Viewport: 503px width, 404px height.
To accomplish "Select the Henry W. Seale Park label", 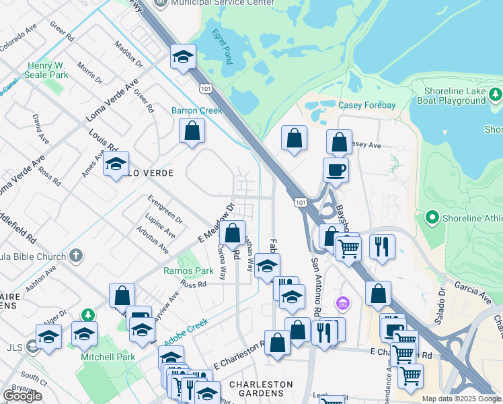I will tap(48, 71).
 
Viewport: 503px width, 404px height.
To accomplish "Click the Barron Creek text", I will tap(196, 110).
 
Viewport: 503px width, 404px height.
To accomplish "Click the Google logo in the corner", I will tap(22, 396).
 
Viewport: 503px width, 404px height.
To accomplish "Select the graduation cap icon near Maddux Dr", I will tap(182, 58).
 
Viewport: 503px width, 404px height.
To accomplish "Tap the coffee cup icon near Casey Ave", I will tap(336, 170).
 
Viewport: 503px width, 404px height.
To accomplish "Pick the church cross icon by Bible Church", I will tap(77, 256).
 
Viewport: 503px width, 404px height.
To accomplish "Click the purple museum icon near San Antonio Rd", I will tap(344, 304).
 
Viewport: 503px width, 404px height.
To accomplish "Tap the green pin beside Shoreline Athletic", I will tap(432, 217).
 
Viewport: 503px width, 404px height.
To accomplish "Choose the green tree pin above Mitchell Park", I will tap(87, 314).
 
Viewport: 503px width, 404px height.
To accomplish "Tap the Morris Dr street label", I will tap(89, 73).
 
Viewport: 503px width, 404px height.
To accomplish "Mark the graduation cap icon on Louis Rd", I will tap(116, 164).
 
